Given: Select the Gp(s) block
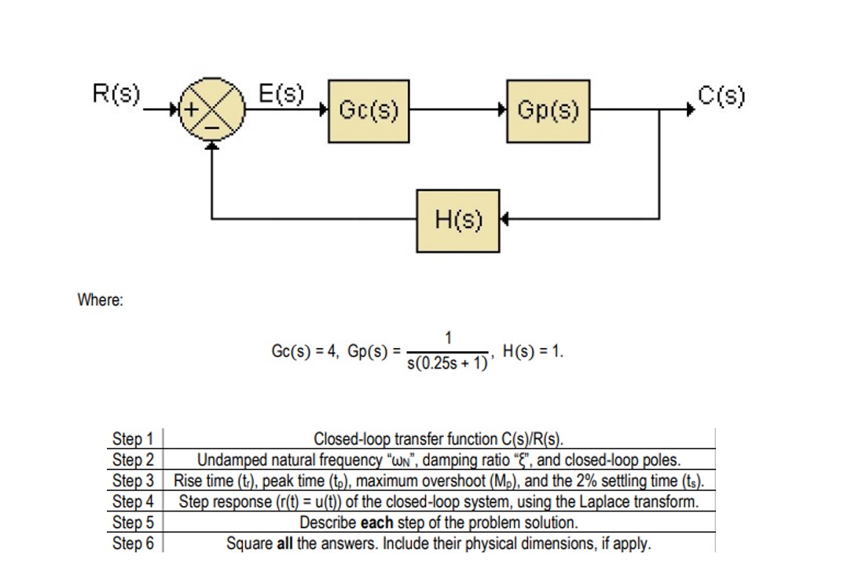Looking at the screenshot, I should (549, 111).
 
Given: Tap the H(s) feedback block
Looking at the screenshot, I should (457, 220).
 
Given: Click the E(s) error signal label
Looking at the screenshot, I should (282, 93).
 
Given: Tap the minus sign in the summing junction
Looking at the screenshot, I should (211, 125).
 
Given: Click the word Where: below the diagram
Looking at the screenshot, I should (99, 300).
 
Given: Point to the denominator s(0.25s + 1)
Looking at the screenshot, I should (447, 365).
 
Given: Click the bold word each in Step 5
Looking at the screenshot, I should (378, 522).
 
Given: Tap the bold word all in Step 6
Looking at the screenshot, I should (285, 543).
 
